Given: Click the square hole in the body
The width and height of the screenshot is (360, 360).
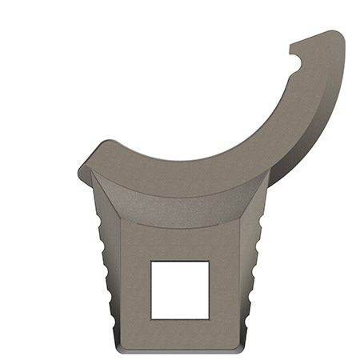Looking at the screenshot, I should [180, 290].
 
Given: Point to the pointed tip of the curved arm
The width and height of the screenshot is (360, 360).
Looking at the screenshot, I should [290, 46].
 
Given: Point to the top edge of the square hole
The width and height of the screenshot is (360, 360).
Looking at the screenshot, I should [180, 262].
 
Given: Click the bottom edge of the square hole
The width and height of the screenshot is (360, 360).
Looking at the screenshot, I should [180, 318].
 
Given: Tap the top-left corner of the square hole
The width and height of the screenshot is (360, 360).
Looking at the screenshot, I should [152, 262].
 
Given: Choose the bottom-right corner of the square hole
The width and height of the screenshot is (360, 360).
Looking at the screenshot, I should [209, 318].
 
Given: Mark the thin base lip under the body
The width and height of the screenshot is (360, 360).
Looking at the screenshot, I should [180, 350].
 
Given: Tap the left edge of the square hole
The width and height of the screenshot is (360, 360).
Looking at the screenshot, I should [152, 290].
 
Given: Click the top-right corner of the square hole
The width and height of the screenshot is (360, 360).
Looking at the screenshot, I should [209, 262].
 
